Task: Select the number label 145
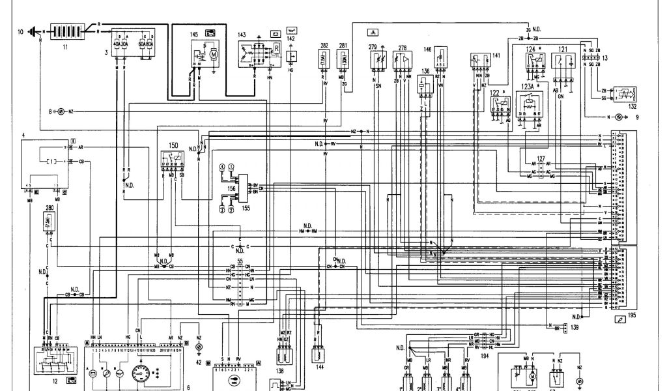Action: [194, 33]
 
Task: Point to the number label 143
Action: [242, 34]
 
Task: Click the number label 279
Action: [373, 47]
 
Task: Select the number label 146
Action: [427, 49]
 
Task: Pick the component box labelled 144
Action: [319, 355]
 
